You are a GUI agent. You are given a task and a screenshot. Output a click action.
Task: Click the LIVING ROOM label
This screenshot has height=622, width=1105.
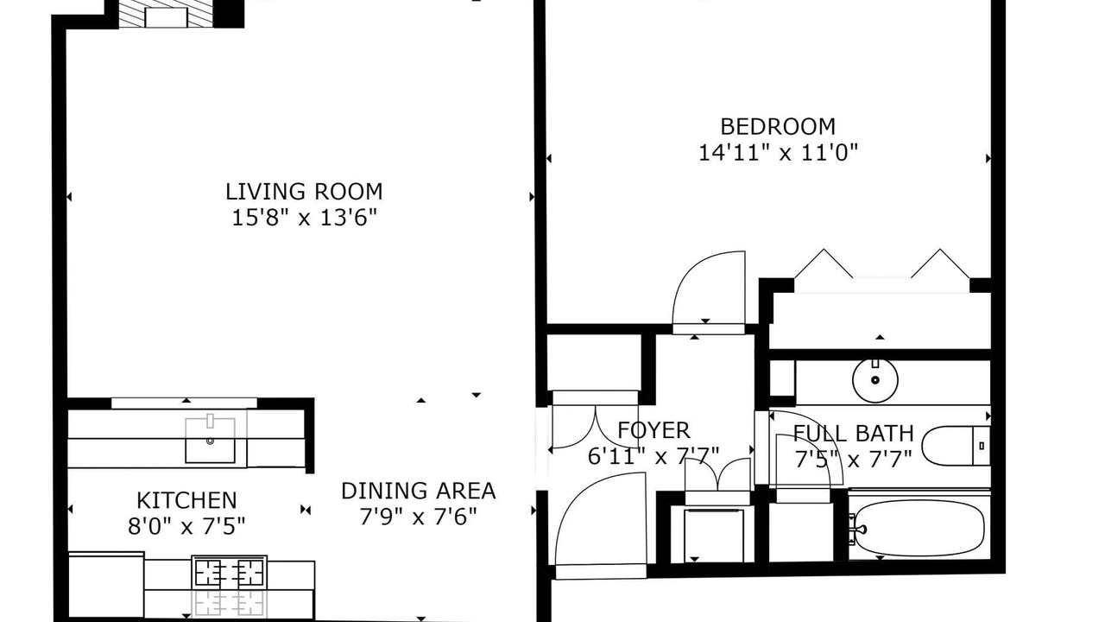point(304,192)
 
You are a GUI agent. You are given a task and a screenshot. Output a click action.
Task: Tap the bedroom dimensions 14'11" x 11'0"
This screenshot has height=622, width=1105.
point(779,153)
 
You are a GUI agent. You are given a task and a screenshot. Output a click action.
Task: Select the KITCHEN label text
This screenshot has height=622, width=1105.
point(186,500)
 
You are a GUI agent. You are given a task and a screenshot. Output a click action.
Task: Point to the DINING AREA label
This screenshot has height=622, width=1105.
point(419,491)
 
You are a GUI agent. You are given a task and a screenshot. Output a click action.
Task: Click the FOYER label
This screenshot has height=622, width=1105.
point(654,430)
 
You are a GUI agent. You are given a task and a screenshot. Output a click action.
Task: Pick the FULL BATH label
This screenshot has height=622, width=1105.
point(854,434)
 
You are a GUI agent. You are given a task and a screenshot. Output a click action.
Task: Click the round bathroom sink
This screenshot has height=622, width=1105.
point(875,380)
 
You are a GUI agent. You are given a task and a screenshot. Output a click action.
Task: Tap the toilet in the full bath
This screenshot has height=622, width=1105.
point(956,446)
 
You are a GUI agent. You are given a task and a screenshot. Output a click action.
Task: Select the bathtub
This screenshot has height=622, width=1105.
point(919,528)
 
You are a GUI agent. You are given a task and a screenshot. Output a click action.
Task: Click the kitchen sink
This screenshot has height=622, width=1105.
point(210,441)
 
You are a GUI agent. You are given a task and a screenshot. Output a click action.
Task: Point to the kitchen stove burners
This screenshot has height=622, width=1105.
point(230,573)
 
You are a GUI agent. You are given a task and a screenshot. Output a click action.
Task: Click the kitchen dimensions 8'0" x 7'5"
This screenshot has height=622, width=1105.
point(186,527)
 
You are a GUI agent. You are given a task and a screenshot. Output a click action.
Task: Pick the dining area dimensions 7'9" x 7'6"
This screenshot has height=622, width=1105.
point(419,517)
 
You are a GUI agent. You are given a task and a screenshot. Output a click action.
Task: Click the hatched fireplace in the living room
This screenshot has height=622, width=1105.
point(167,14)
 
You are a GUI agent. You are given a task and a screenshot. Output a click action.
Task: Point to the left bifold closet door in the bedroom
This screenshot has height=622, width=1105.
point(824,263)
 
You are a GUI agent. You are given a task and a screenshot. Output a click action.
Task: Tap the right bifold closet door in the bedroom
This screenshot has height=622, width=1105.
point(940,263)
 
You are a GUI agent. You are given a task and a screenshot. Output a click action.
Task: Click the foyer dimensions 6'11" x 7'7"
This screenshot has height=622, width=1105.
point(654,456)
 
